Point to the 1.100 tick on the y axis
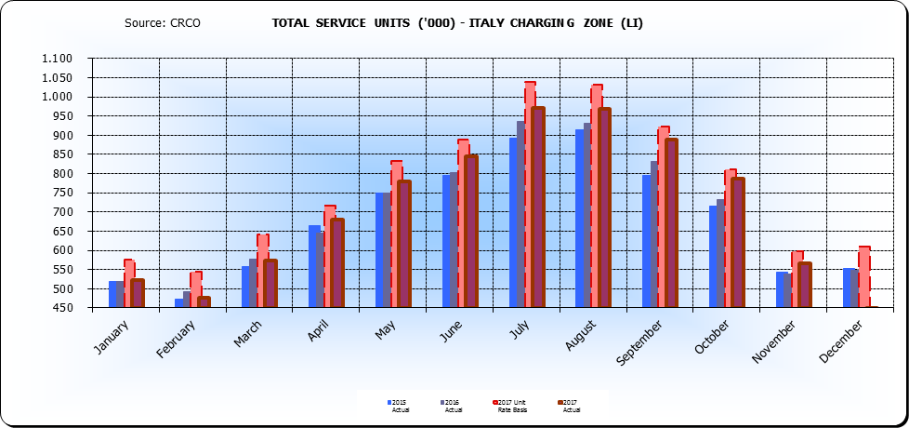(57, 59)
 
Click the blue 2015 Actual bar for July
(513, 223)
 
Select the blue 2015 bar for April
(313, 266)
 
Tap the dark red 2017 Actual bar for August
(604, 207)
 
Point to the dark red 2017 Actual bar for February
(204, 301)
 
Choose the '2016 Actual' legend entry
(453, 405)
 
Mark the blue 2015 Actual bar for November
(780, 289)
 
